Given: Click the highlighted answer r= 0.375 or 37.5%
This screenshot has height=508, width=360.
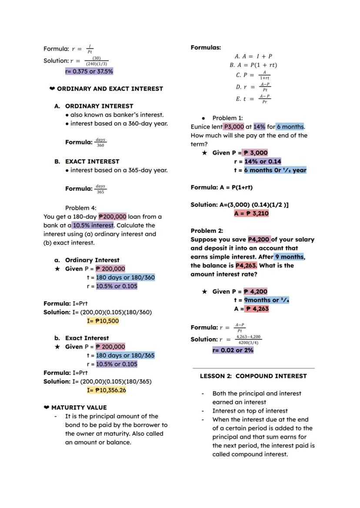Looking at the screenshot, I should [89, 71].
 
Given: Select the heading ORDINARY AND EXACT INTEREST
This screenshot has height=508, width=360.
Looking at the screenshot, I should [110, 89].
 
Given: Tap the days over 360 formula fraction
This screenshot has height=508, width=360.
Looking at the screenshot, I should [100, 143].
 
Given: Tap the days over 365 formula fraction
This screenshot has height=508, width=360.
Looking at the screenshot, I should [100, 189].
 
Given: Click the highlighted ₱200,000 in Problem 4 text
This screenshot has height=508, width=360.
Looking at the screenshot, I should [113, 216].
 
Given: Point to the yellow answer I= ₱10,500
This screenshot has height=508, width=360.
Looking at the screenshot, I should [103, 321].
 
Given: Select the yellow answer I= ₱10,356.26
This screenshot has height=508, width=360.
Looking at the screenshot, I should [107, 390].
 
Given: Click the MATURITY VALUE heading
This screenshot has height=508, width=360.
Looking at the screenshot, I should [79, 408].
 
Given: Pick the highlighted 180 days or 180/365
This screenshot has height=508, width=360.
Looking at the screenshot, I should [125, 355].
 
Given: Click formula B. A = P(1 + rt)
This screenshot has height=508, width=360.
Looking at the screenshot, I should [253, 65].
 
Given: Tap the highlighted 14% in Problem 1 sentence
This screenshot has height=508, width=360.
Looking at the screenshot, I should [259, 127].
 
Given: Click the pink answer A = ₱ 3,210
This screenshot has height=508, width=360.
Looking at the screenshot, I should [251, 213].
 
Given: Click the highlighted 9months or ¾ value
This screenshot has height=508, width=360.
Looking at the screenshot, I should [267, 300].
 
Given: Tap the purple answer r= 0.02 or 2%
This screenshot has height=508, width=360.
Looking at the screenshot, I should [233, 350].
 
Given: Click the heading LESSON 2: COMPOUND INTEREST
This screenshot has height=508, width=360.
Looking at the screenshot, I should [253, 376].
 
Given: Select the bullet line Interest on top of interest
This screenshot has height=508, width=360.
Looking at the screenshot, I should [250, 411].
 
